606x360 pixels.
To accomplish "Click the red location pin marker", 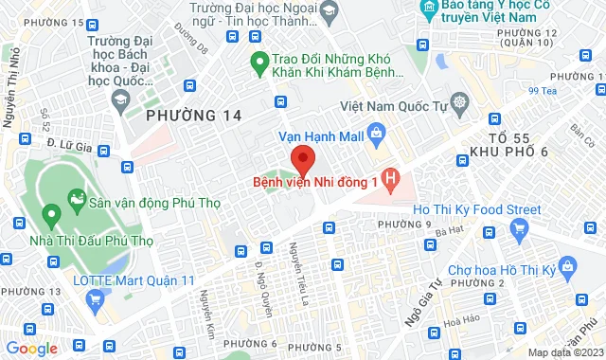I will [x=302, y=158].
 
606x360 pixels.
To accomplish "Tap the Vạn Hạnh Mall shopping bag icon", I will [x=376, y=135].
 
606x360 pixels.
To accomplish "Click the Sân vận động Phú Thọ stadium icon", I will [x=77, y=201].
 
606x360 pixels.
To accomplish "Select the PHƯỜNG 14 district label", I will [x=193, y=116].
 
